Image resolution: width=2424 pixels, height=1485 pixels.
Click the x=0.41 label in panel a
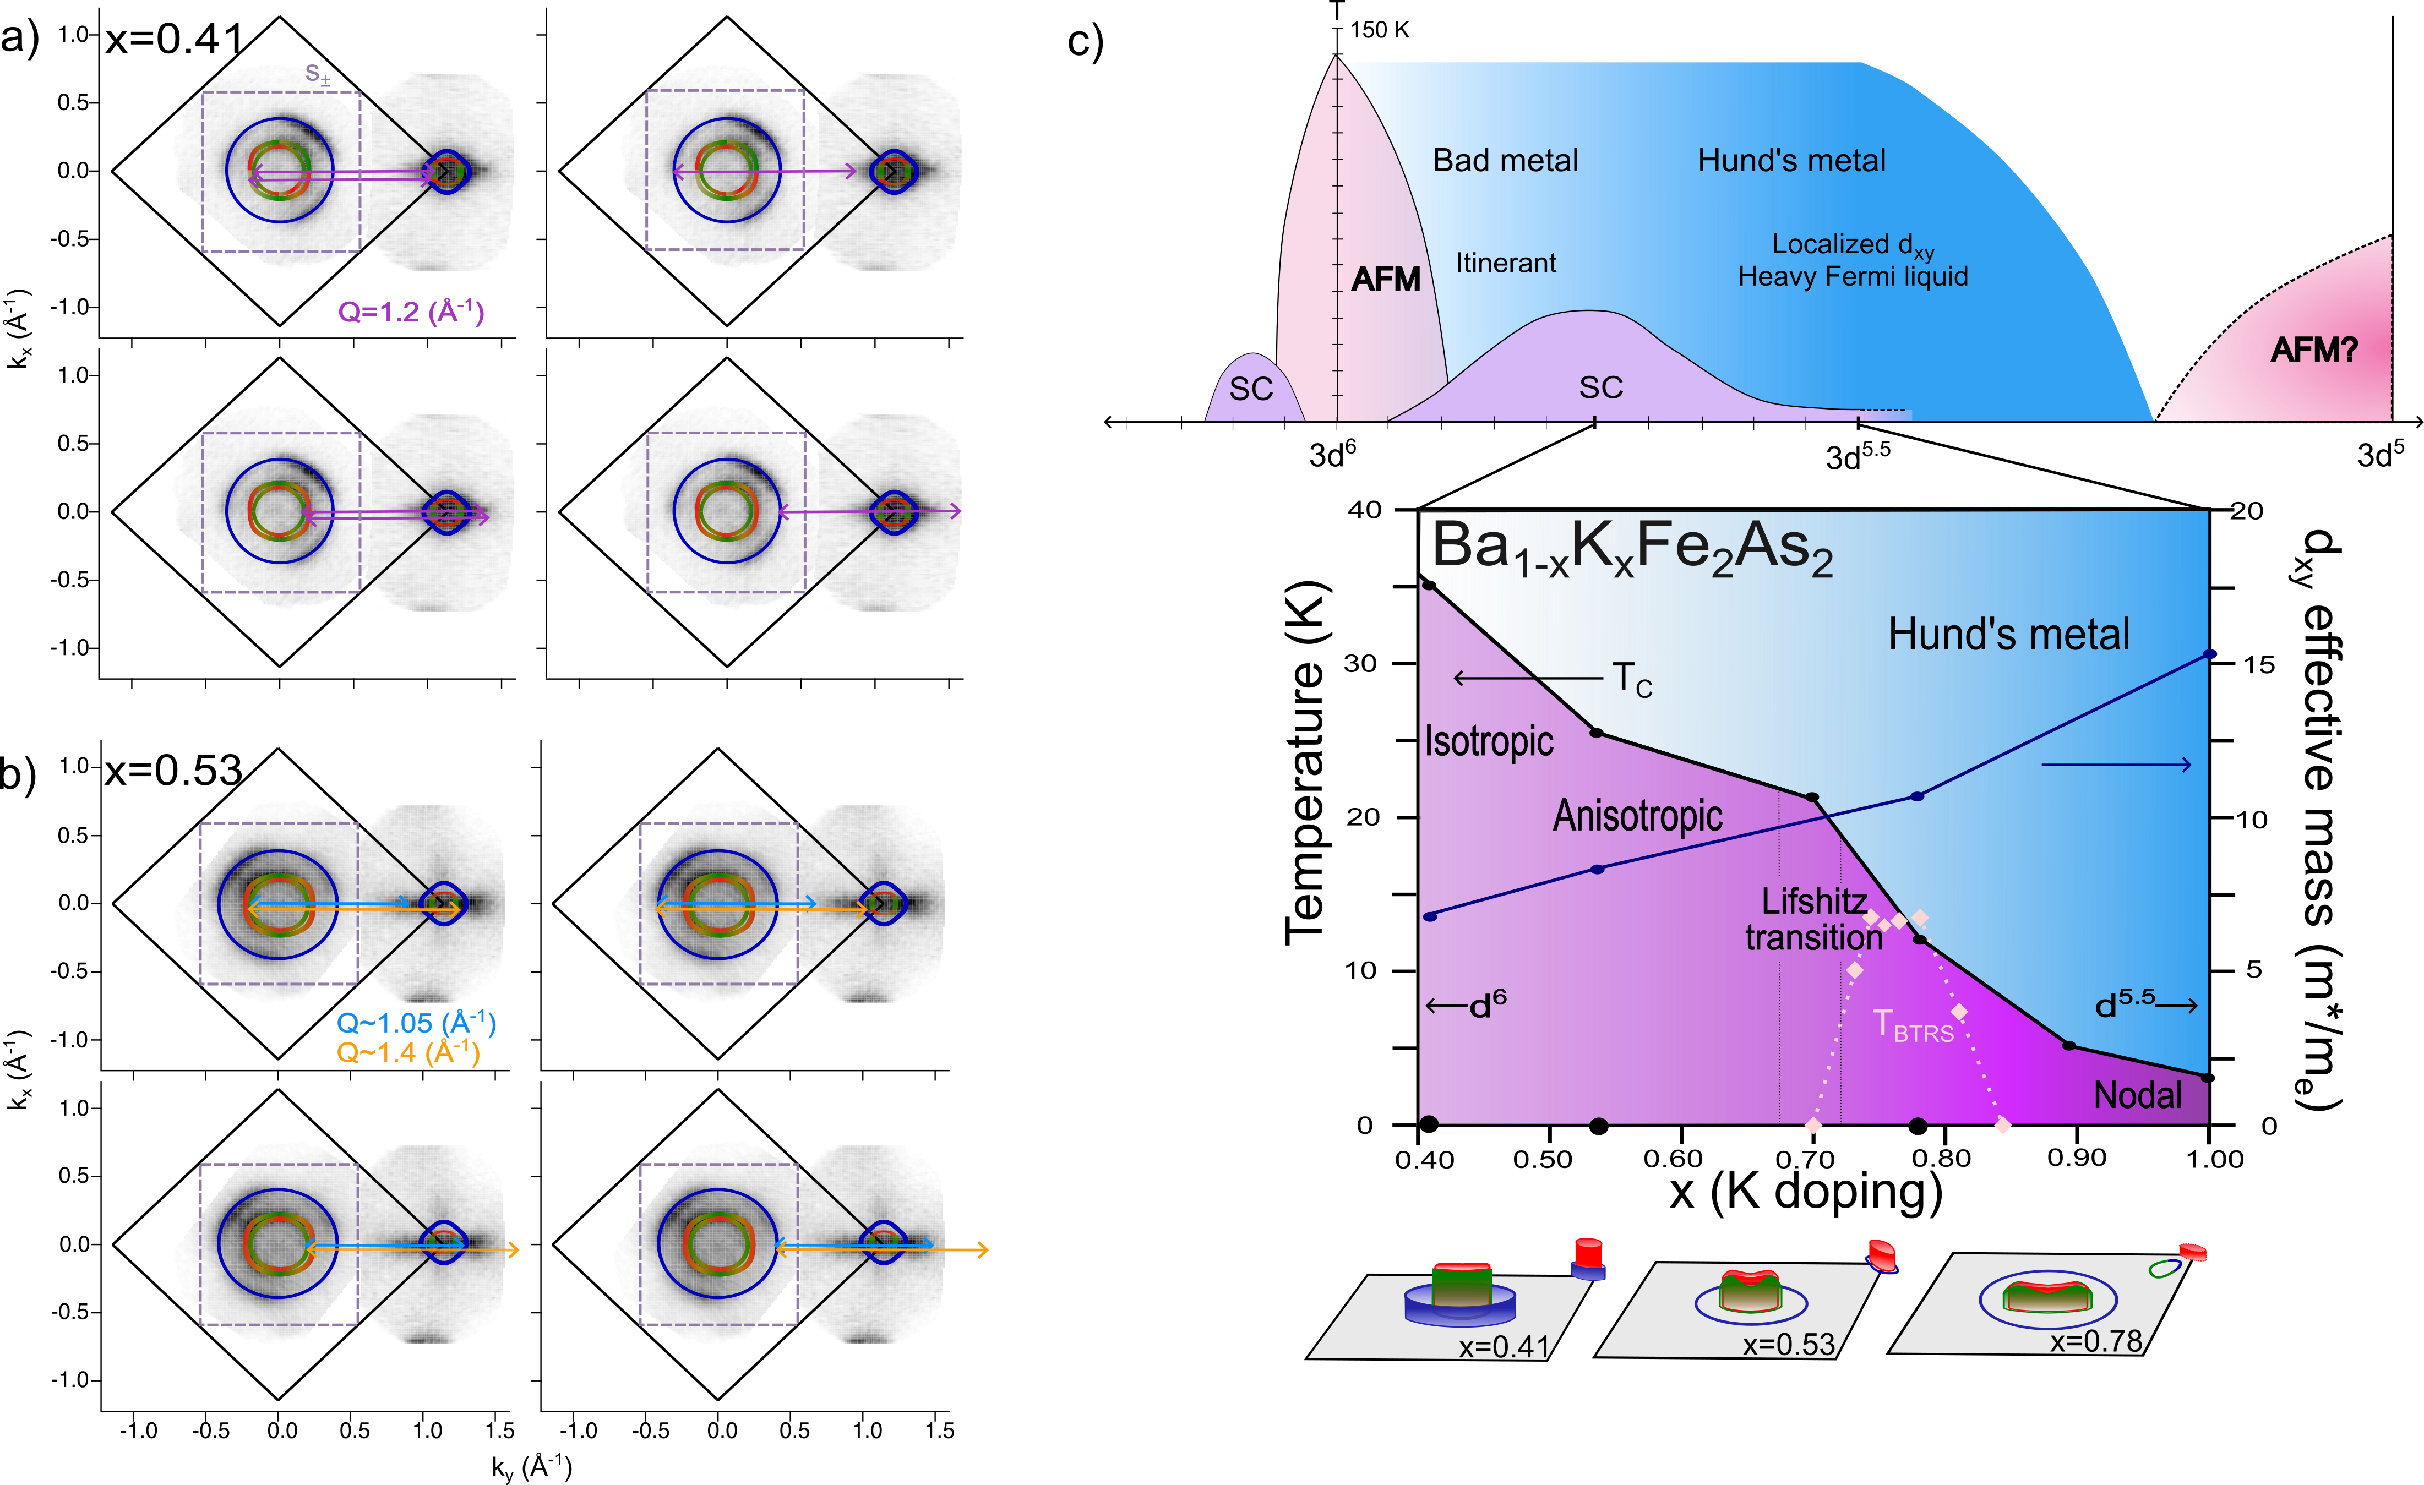[174, 39]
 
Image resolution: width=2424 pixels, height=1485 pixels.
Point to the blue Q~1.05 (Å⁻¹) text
[416, 1023]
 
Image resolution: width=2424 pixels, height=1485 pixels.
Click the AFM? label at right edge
[2314, 350]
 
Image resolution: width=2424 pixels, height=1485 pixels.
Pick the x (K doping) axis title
[1805, 1192]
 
